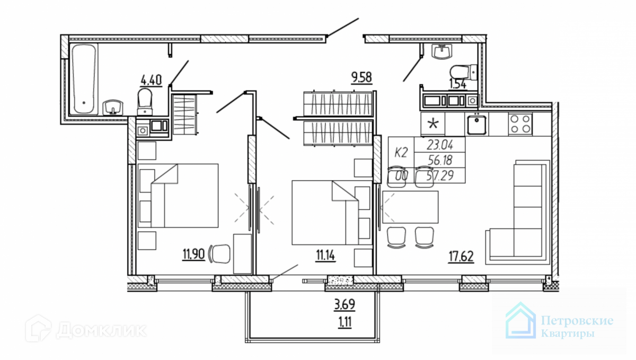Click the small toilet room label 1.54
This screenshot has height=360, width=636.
pos(458,83)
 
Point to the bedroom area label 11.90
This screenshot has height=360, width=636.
pos(194,253)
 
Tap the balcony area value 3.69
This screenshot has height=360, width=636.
pos(344,305)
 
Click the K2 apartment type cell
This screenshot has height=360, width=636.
pos(401,153)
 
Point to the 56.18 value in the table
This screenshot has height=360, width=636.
pos(439,160)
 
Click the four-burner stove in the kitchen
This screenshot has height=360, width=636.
pos(520,124)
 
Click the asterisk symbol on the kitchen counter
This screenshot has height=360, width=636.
pos(433,125)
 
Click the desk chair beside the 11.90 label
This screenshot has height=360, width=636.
pos(220,253)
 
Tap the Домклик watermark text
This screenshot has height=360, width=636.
pos(101,331)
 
